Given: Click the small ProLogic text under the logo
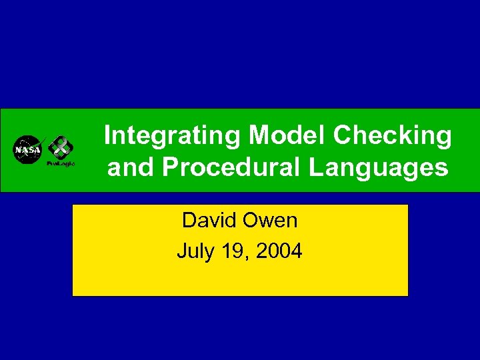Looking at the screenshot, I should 61,163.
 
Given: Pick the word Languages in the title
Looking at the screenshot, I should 378,168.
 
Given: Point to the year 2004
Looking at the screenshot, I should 280,251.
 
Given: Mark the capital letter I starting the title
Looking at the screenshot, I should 108,136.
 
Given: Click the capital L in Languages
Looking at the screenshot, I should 315,168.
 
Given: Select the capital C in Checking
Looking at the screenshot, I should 342,136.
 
